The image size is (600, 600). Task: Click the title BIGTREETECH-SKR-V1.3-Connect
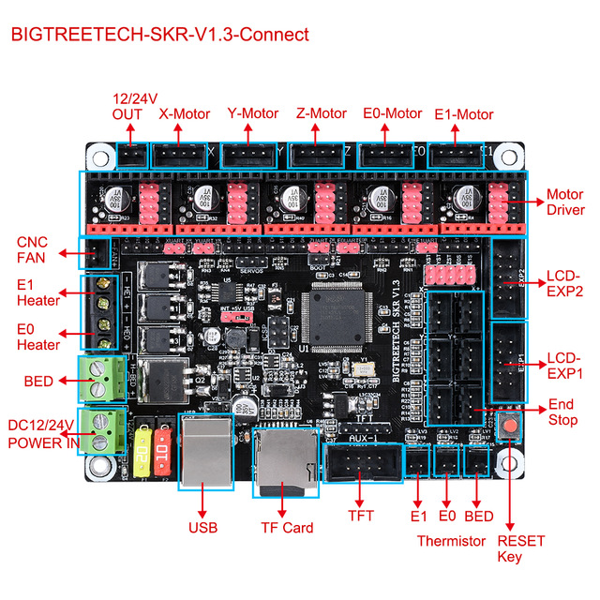tap(159, 36)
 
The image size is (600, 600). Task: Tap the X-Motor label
tap(186, 114)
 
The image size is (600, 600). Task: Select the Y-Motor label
tap(253, 113)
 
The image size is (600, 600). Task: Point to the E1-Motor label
tap(464, 114)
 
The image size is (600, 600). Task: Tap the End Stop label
tap(563, 413)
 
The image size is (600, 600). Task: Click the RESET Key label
tap(521, 549)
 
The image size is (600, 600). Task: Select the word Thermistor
tap(451, 541)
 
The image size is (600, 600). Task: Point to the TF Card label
tap(287, 528)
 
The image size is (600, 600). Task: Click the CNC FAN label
tap(32, 250)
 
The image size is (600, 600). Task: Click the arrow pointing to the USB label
tap(202, 502)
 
